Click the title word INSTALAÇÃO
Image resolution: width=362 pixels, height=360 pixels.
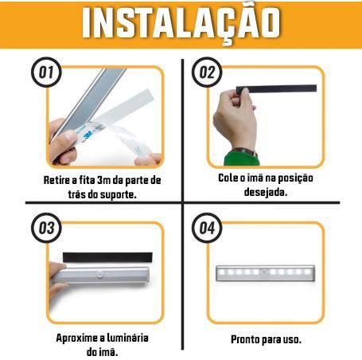(x=181, y=24)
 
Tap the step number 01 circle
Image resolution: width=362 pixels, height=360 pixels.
(x=46, y=72)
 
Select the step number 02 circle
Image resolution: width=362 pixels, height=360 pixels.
(x=207, y=72)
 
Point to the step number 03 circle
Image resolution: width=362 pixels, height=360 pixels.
(x=46, y=228)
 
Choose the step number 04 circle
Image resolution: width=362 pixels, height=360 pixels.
(x=207, y=228)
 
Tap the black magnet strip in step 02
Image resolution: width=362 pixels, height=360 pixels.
(x=276, y=88)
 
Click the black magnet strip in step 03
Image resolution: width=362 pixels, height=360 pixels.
(x=107, y=257)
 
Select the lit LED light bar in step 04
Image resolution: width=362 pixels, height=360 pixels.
(x=266, y=273)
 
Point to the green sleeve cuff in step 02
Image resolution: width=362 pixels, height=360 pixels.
(x=241, y=158)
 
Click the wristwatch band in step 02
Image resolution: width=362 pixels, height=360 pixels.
(x=245, y=151)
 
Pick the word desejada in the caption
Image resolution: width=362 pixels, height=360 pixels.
(x=266, y=192)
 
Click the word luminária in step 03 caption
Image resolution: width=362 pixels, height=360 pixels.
(x=128, y=338)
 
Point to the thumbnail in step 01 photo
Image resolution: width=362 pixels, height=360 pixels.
(x=69, y=137)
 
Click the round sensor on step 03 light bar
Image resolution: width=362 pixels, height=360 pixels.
(x=100, y=274)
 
